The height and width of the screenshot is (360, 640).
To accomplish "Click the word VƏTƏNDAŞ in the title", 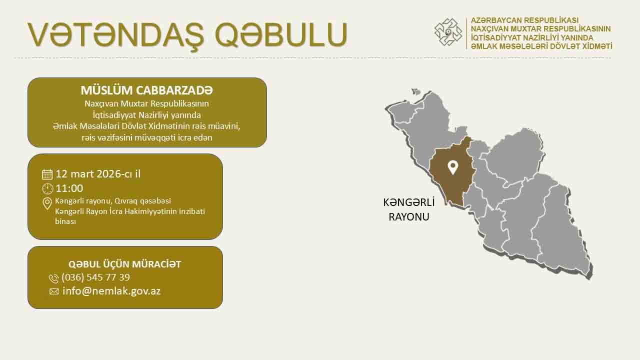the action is point(115,35).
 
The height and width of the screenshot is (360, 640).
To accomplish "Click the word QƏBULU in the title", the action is point(281,35).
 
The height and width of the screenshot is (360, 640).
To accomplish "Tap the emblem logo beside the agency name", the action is point(448,32).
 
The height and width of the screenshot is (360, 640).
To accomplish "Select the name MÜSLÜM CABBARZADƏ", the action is point(147,90).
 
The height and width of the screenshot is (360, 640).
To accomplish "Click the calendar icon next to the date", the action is point(47,174).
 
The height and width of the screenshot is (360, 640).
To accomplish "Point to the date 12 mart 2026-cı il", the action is point(98,174).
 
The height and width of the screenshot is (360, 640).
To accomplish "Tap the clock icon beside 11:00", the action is point(47,189).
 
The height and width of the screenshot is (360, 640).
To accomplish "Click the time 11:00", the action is point(69,188).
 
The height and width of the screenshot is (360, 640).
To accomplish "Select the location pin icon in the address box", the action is point(47,203).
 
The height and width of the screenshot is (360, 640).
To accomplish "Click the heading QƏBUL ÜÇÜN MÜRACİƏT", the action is point(124,264).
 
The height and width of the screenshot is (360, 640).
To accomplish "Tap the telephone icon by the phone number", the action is point(53,278).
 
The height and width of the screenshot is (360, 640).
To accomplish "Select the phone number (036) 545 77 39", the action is point(95,277).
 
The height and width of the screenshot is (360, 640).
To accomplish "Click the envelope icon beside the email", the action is point(54,291).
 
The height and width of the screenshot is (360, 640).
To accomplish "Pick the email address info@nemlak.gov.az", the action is point(111,291).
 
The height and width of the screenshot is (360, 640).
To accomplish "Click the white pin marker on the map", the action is point(452,167).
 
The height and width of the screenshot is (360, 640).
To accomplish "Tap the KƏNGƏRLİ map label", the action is point(409,202).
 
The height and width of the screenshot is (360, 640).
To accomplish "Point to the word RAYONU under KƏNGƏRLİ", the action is point(409,217).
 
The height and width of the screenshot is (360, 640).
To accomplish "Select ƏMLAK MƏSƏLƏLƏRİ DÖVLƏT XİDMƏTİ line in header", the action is point(541,46).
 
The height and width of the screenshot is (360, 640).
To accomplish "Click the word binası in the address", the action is point(65,221).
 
